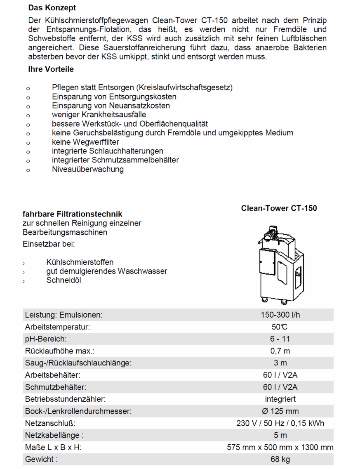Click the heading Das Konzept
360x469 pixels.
52,8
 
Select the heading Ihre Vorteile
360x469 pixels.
51,69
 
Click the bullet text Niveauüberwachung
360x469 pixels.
87,169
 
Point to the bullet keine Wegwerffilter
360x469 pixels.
85,142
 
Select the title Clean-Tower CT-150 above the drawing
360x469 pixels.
279,208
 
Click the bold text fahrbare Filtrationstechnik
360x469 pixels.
73,214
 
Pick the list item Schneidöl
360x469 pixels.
64,280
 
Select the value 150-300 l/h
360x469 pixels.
280,315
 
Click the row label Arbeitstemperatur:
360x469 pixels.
57,327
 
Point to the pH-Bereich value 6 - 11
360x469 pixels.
280,339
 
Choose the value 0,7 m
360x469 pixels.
280,351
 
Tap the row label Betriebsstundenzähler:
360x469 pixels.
65,399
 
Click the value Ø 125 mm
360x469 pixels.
280,411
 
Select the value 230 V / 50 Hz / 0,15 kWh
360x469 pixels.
280,423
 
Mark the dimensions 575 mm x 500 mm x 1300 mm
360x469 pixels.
280,447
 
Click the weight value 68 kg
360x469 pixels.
280,459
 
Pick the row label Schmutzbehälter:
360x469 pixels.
56,387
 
